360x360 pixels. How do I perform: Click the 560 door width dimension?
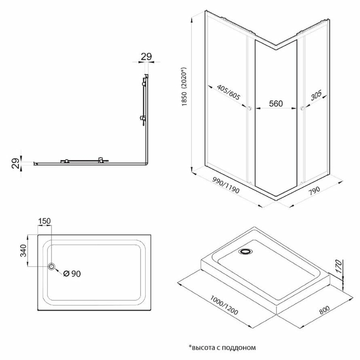[x=276, y=104]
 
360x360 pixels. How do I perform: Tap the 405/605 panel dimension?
[x=229, y=93]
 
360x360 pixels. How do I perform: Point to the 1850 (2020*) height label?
[x=185, y=86]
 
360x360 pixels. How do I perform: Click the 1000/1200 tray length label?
[x=224, y=305]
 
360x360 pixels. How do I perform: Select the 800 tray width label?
[x=324, y=310]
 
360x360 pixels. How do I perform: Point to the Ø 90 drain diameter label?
[x=72, y=274]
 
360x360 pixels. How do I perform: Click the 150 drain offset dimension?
[x=44, y=221]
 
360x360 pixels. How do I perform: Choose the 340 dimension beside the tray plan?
[x=23, y=251]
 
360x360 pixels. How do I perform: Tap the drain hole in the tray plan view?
[x=51, y=266]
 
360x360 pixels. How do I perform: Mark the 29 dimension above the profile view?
[x=147, y=57]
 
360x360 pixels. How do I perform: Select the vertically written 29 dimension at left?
[x=15, y=163]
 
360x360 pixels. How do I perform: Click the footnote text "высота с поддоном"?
[x=224, y=347]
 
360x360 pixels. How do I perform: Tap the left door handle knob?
[x=249, y=108]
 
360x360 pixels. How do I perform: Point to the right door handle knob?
[x=302, y=108]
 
